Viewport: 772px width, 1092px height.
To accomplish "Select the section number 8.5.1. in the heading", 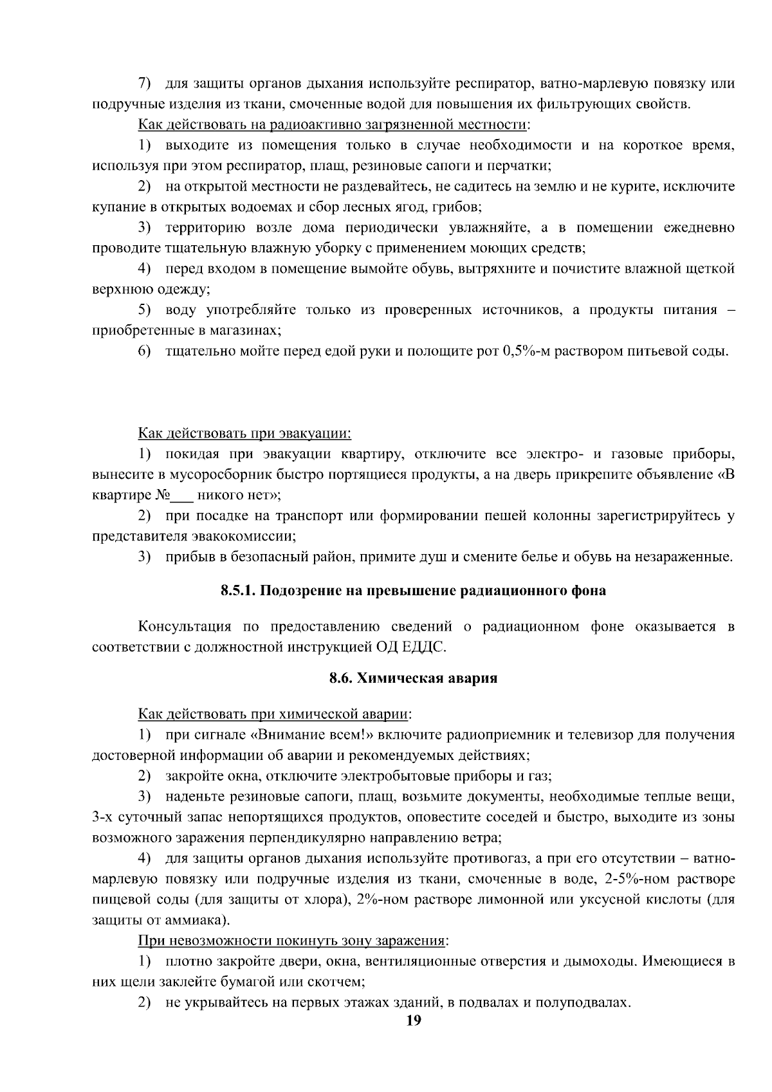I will point(239,591).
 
